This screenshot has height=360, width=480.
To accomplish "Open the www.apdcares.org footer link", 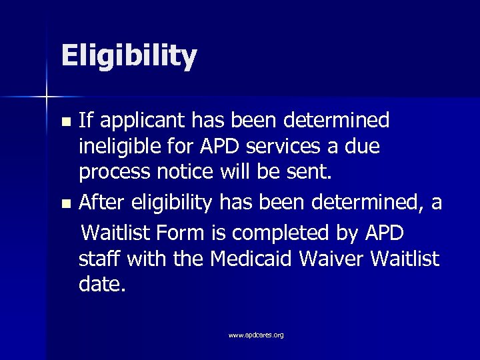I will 256,335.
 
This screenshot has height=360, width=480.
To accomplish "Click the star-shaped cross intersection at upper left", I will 46,97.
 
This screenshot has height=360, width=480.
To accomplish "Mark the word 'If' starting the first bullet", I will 86,121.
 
